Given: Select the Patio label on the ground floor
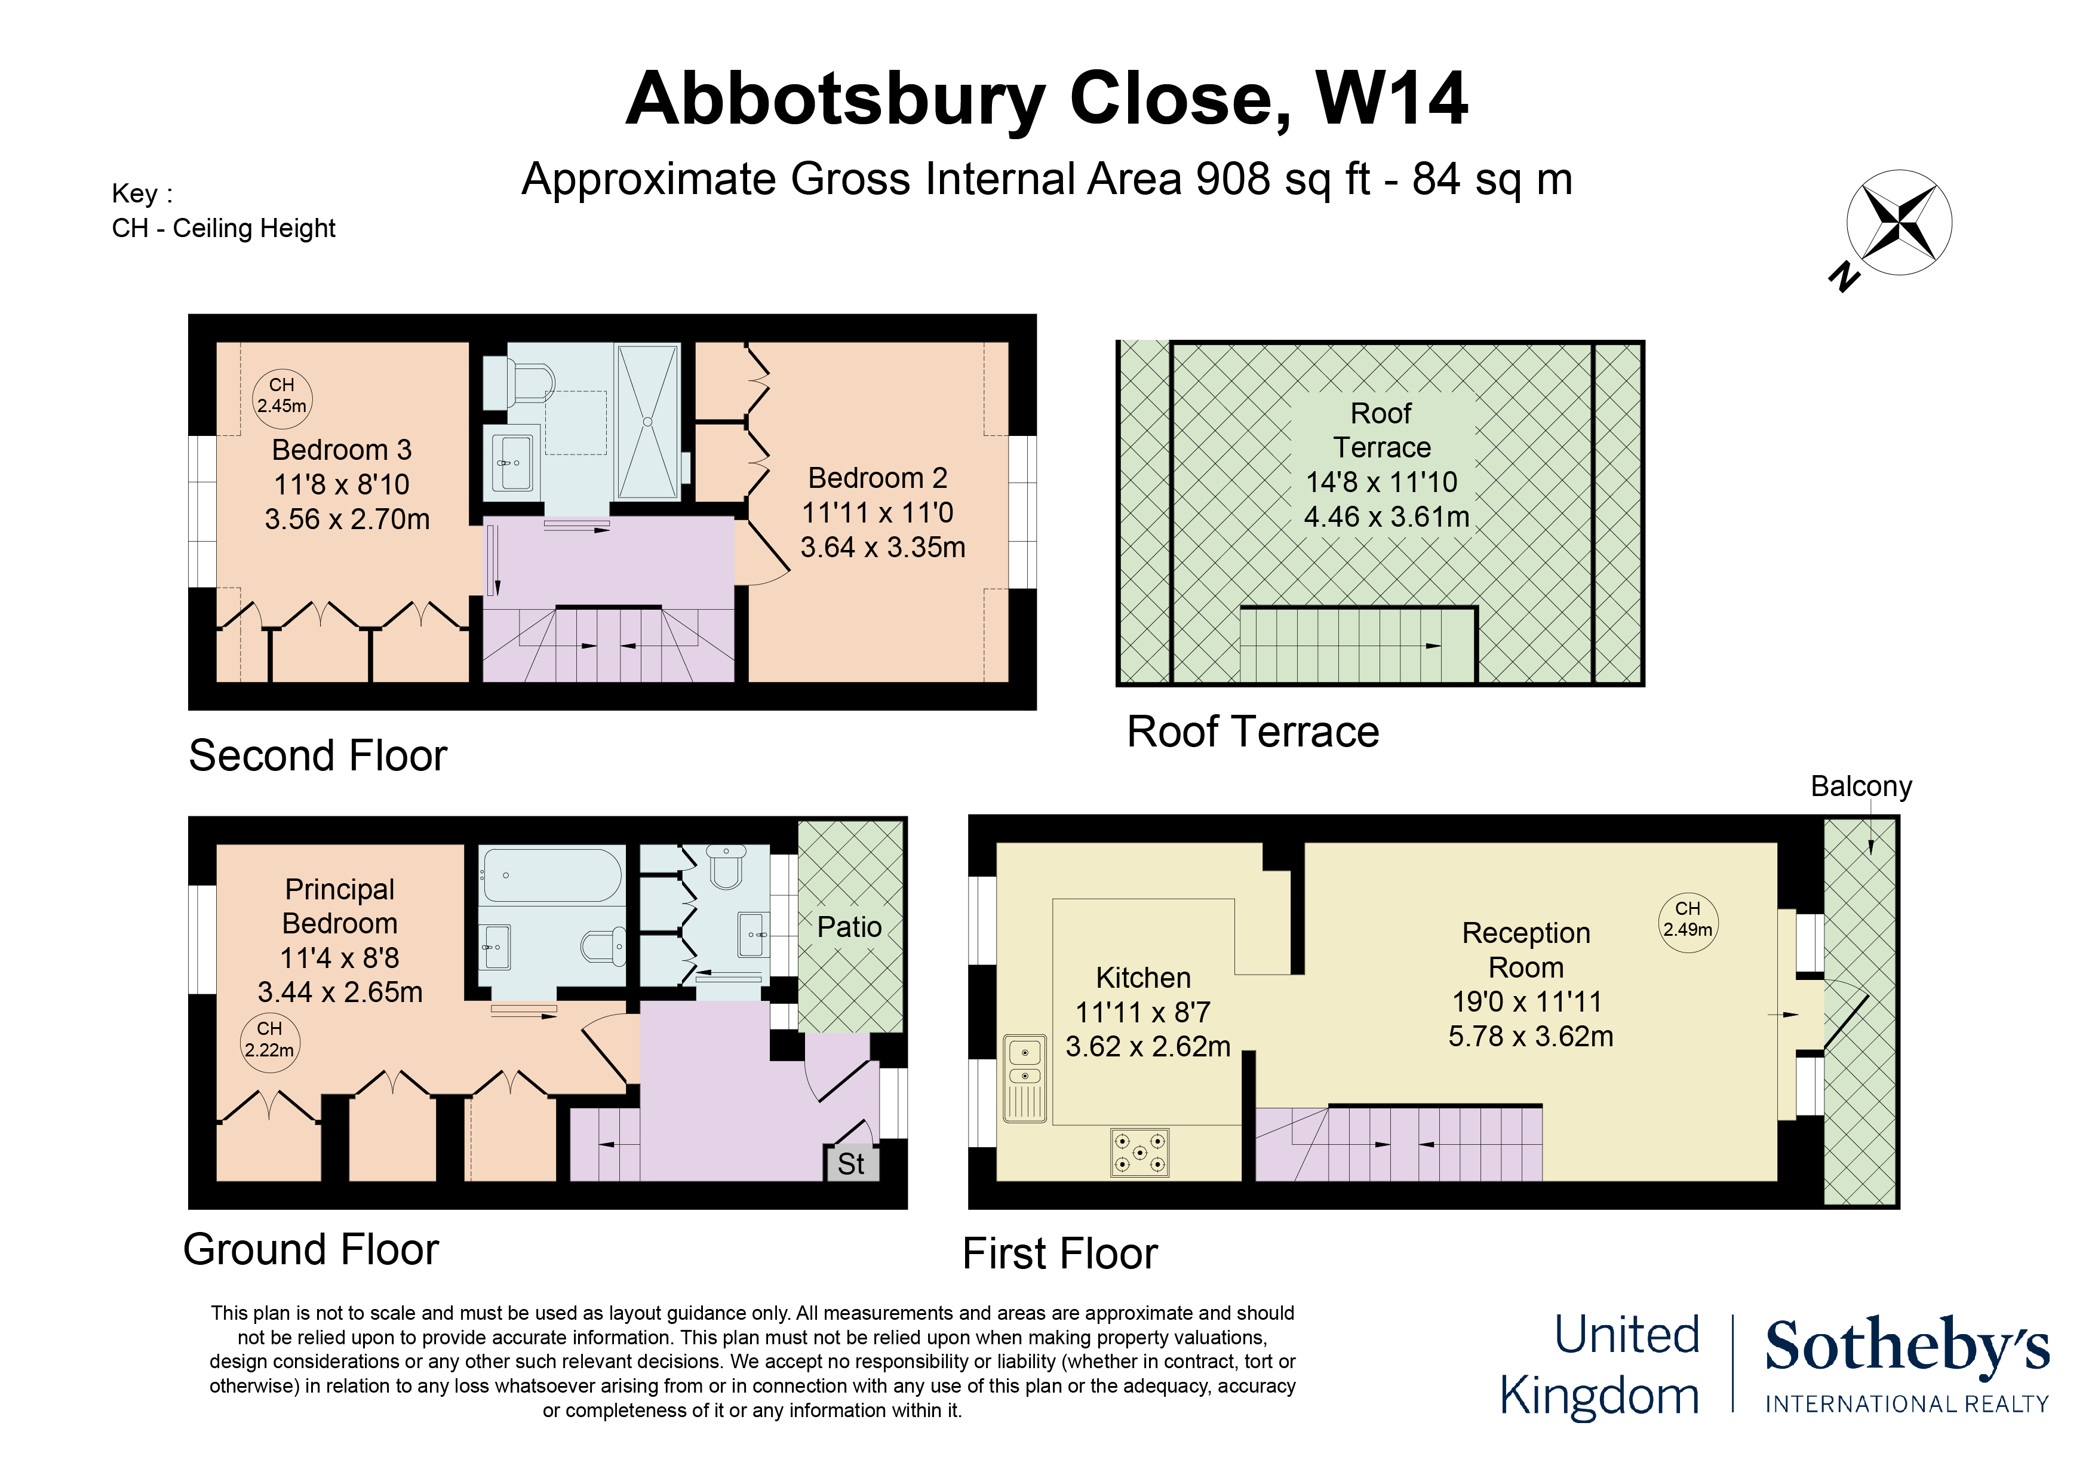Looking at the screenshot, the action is [849, 927].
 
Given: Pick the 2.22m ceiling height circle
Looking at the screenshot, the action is [269, 1040].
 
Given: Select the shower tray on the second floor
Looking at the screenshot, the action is [647, 422].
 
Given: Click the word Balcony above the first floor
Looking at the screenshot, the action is [1861, 786].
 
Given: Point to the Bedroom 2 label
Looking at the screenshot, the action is [878, 478].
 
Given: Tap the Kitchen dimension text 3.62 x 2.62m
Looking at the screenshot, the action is [1148, 1047].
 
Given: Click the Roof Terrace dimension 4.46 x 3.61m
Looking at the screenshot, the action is [1387, 517].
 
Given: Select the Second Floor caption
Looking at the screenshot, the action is [318, 757].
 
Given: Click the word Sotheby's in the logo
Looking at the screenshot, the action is [1907, 1346].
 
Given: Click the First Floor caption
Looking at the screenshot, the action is [1060, 1254].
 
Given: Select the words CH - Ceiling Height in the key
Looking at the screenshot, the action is [223, 228].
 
